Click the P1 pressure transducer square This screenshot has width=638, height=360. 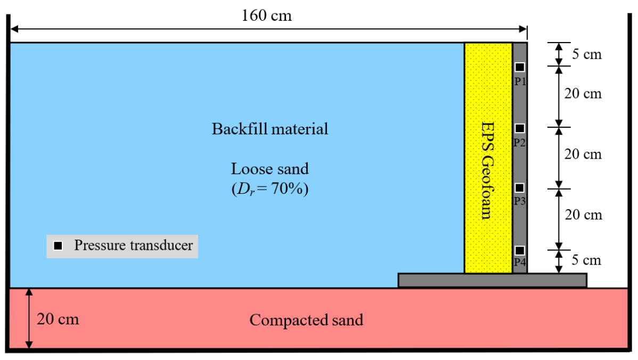[x=520, y=67]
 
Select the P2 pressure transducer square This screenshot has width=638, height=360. [x=520, y=128]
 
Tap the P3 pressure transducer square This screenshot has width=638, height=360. [x=520, y=188]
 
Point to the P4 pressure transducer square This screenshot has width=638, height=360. [x=520, y=250]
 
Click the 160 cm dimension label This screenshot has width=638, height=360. [x=267, y=15]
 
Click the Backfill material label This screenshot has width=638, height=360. [x=270, y=129]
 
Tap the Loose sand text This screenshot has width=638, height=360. [x=269, y=169]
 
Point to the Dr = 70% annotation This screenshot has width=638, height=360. [x=269, y=190]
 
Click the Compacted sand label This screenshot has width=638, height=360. [x=306, y=321]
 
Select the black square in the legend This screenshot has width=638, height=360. [x=59, y=246]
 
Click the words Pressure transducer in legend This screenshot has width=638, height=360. [x=133, y=246]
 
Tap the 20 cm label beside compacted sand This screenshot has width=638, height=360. [x=58, y=319]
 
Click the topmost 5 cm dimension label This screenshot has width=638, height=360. [x=586, y=54]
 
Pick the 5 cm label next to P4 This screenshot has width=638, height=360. [x=586, y=260]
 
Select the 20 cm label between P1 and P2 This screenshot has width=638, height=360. [x=583, y=94]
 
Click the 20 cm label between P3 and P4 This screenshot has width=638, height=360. [x=583, y=215]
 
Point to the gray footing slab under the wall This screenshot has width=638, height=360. [x=492, y=280]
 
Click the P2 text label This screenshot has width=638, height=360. [x=520, y=143]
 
